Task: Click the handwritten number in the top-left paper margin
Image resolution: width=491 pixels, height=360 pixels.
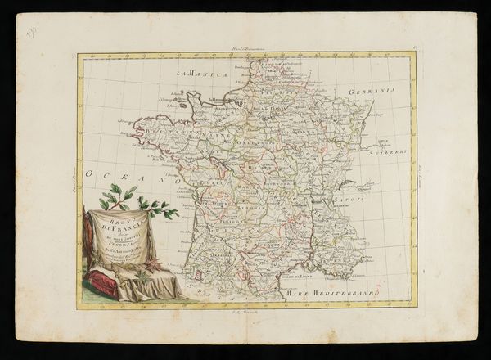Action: click(32, 34)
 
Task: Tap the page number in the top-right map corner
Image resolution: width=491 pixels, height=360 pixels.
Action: click(415, 52)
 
